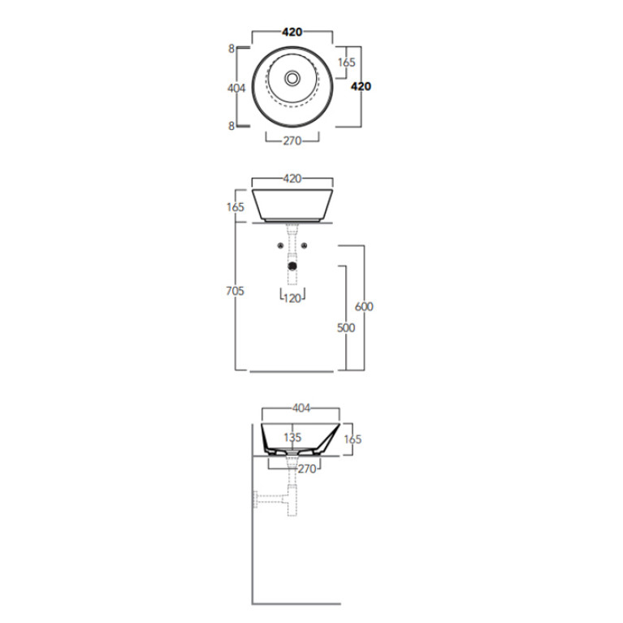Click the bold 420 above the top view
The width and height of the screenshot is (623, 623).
click(292, 32)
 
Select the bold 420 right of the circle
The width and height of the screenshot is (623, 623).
click(361, 86)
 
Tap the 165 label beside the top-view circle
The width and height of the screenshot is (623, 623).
click(347, 63)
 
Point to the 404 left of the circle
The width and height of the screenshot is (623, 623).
click(236, 88)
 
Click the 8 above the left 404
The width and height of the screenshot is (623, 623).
click(231, 49)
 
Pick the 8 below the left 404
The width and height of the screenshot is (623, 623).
click(231, 126)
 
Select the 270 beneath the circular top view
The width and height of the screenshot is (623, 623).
click(292, 141)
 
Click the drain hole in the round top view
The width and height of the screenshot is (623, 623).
click(292, 78)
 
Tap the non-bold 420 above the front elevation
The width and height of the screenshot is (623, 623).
click(292, 179)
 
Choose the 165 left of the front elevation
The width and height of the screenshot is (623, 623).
click(236, 207)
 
